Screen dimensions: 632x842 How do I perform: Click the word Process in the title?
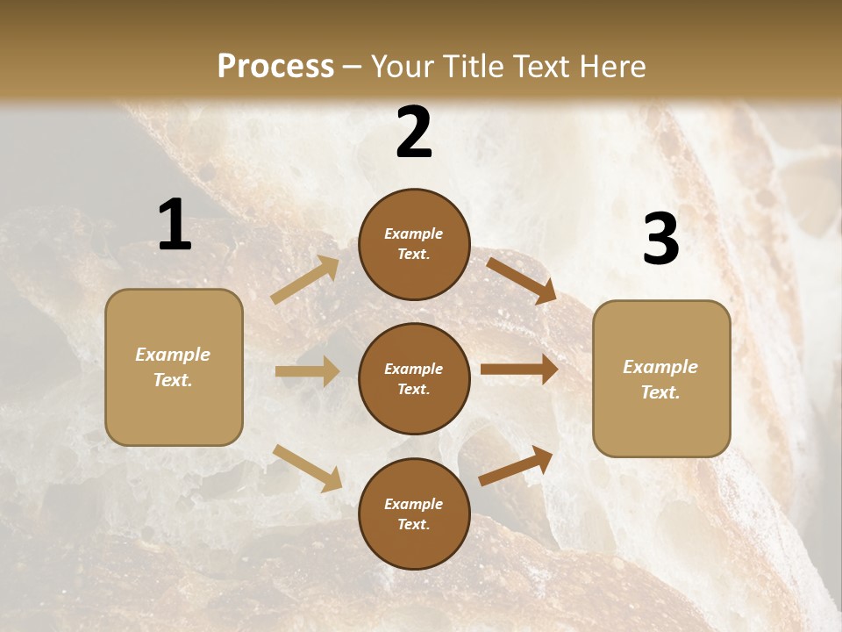coord(275,67)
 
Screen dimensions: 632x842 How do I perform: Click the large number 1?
coord(175,226)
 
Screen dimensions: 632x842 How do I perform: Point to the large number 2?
coord(414,133)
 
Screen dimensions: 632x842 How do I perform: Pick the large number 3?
coord(660,239)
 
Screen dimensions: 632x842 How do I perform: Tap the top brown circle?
coord(414,244)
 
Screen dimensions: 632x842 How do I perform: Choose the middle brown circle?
coord(414,378)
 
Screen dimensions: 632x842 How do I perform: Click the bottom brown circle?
coord(414,513)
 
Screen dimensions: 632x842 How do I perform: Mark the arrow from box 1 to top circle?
coord(305,280)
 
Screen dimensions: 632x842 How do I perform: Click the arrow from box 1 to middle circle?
coord(307,371)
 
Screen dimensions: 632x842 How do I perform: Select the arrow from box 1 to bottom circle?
coord(307,468)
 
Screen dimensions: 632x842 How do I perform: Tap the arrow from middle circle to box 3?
coord(519,370)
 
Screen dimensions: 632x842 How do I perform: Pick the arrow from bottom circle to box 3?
coord(516,466)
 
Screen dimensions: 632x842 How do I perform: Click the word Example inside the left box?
coord(173,355)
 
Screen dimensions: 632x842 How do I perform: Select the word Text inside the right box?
coord(660,392)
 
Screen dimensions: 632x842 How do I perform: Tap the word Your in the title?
coord(403,67)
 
